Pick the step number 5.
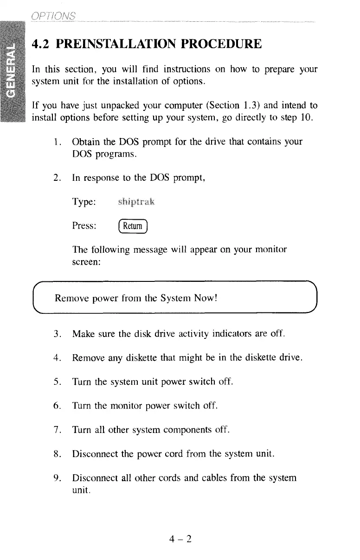57,382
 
